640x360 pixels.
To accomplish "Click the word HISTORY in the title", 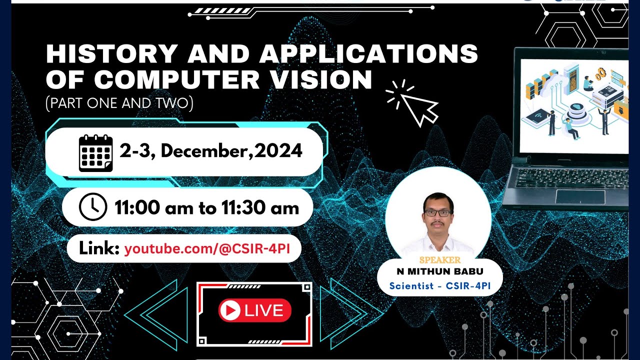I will [x=111, y=54].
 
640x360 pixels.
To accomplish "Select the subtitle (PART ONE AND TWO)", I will [x=119, y=103].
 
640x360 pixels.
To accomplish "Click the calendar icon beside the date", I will [x=95, y=152].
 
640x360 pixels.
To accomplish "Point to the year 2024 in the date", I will [x=278, y=150].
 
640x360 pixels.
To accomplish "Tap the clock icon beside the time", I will [x=93, y=207].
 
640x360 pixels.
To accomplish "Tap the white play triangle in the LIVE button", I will [x=230, y=311].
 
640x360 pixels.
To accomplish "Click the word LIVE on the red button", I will [x=264, y=311].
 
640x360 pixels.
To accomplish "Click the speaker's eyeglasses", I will [x=437, y=212].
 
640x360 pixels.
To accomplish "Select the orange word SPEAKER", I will [x=440, y=260].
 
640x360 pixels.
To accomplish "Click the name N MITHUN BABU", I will [x=440, y=272].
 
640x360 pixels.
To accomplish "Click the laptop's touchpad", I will [x=580, y=196].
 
